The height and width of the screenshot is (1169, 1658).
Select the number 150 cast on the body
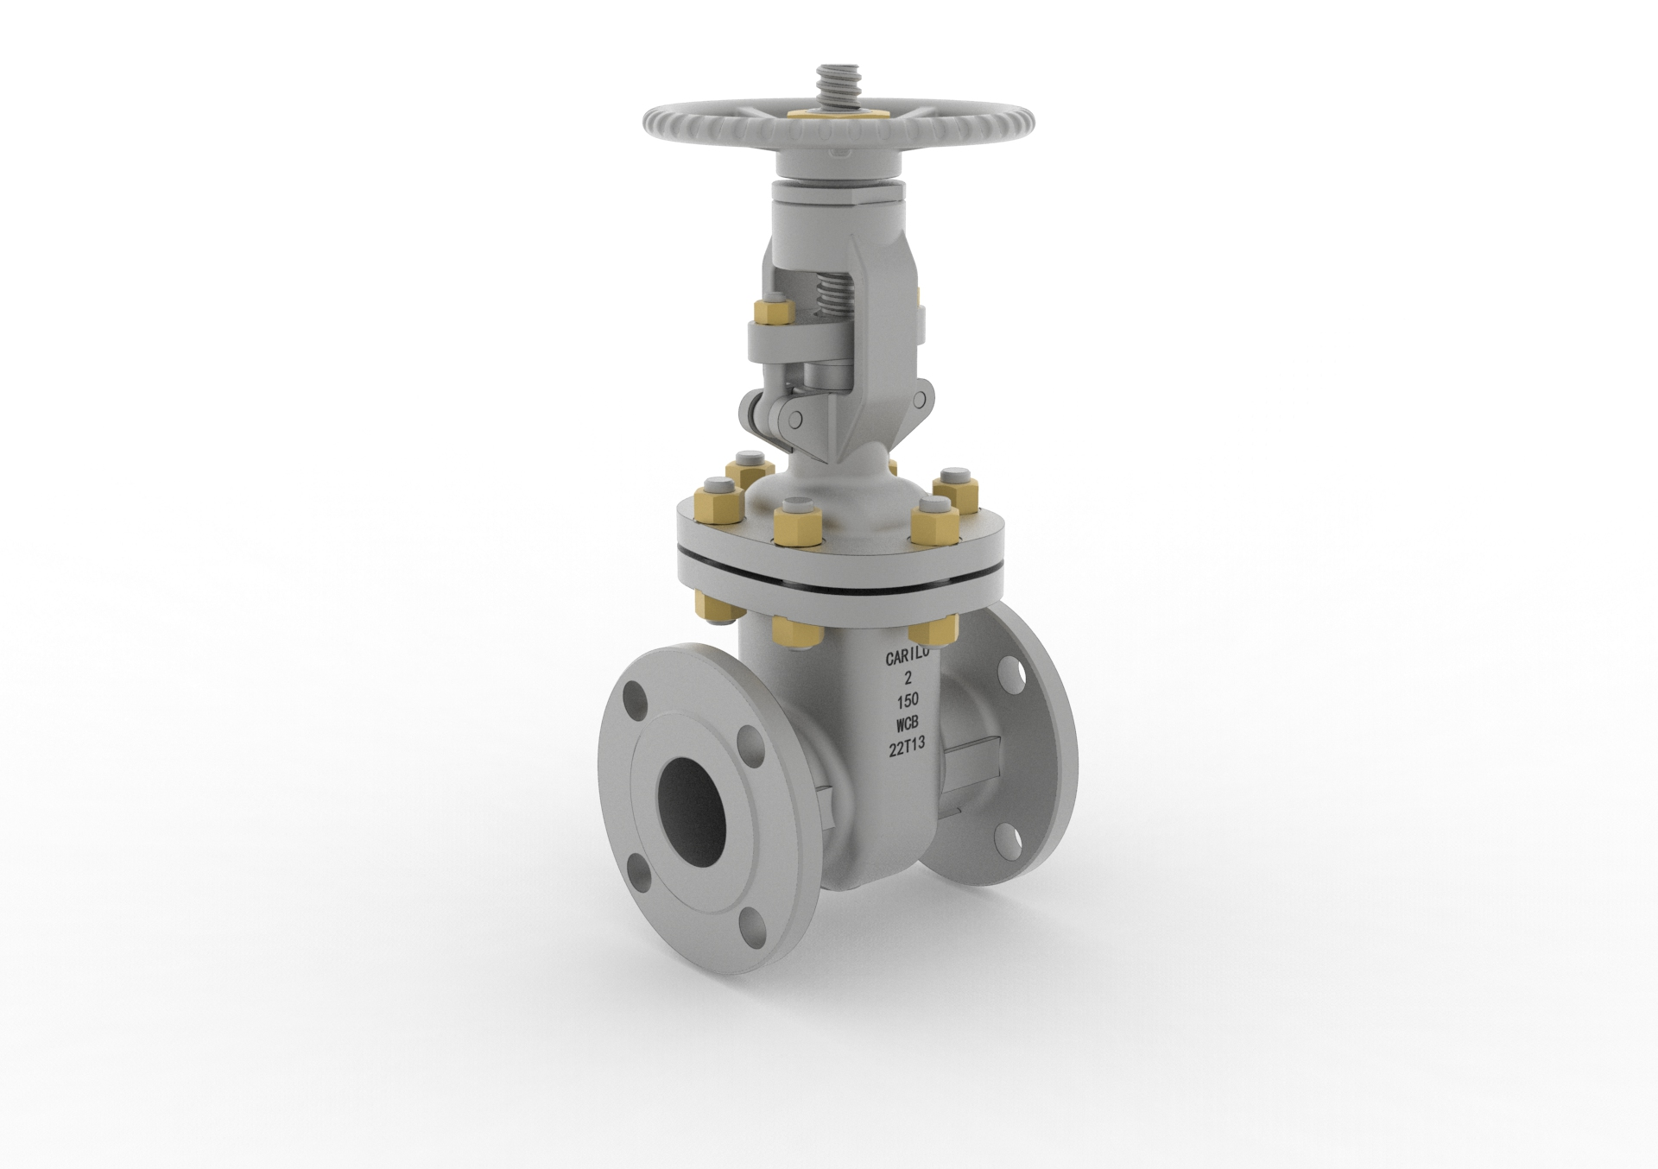907,701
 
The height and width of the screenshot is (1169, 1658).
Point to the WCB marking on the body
908,724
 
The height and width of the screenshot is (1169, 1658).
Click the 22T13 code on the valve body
908,748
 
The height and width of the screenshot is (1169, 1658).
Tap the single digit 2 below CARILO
906,679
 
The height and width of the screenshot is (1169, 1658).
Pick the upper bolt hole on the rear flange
1010,673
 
